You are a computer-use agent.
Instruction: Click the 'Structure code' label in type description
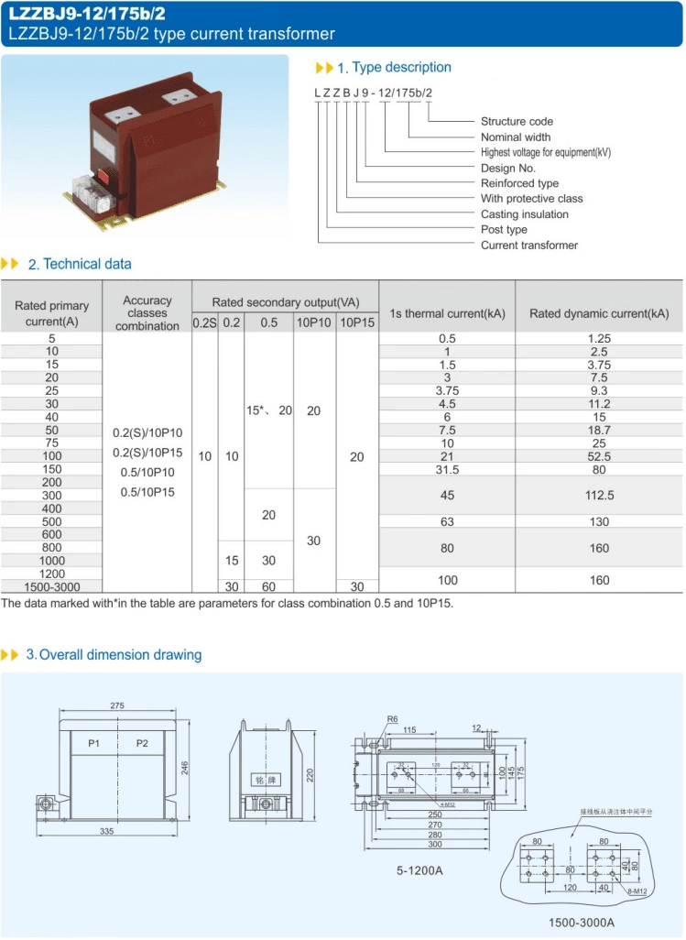[x=517, y=121]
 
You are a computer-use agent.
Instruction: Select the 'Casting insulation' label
[x=524, y=214]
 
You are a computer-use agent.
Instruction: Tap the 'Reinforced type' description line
[x=519, y=183]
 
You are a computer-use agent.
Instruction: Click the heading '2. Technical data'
[x=80, y=264]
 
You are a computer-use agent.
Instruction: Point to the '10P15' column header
[x=357, y=322]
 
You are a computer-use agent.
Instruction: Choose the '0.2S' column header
[x=204, y=322]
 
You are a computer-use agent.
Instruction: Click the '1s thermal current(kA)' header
[x=447, y=313]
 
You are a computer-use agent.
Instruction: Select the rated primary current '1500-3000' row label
[x=52, y=585]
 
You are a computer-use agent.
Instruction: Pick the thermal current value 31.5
[x=447, y=469]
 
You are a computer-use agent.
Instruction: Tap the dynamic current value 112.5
[x=600, y=496]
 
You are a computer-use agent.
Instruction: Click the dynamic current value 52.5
[x=600, y=456]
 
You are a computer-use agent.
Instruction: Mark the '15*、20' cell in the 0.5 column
[x=268, y=411]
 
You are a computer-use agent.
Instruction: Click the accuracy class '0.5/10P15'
[x=147, y=492]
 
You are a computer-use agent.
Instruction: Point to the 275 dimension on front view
[x=117, y=706]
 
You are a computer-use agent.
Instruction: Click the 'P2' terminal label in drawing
[x=142, y=743]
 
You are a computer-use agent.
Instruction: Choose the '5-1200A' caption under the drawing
[x=419, y=870]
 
